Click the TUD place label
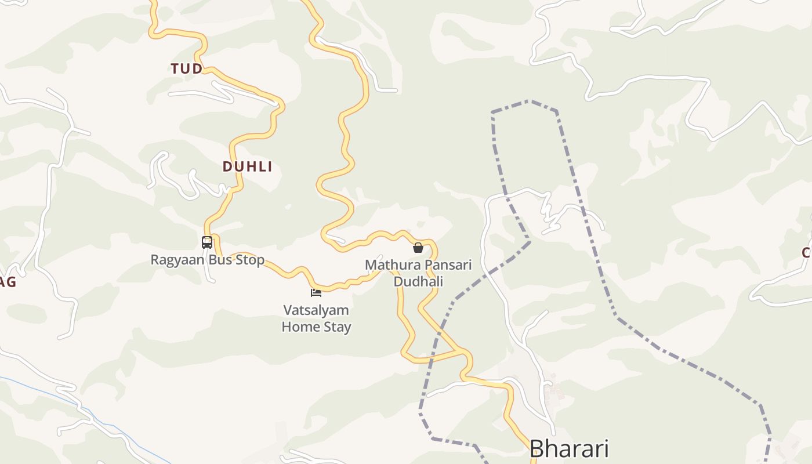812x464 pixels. pos(187,69)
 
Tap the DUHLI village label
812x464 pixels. pos(247,167)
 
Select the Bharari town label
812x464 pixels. pos(569,449)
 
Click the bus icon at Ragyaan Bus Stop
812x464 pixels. pos(207,242)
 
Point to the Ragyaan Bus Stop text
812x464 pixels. pos(207,260)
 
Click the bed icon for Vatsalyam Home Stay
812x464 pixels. pos(316,292)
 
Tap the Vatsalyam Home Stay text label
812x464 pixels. pos(316,318)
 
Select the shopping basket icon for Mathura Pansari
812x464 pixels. pos(418,248)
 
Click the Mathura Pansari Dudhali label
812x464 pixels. pos(418,273)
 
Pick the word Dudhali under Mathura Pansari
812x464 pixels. pos(418,282)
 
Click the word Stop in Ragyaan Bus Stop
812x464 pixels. pos(250,260)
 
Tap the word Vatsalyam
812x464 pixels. pos(316,310)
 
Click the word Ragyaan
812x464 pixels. pos(177,260)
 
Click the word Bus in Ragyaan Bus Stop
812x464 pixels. pos(220,260)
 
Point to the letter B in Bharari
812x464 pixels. pos(538,449)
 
